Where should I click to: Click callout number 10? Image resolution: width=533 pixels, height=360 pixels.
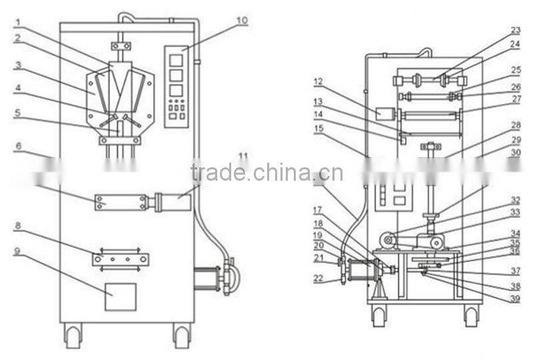pos(241,21)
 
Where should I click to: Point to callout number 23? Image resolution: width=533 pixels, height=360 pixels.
pos(515,30)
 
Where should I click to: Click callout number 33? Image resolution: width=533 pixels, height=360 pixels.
pos(515,212)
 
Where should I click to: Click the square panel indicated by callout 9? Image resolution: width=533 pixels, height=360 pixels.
pos(120,297)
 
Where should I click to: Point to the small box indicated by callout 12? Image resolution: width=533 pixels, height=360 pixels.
pos(384,114)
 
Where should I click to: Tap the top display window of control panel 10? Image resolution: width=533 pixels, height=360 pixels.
pos(176,61)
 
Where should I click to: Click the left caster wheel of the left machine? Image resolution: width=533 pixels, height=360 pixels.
pos(73,335)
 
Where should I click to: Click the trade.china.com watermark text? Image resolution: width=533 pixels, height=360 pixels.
pos(266,173)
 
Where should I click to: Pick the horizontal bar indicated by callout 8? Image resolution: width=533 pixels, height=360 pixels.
pos(121,259)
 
